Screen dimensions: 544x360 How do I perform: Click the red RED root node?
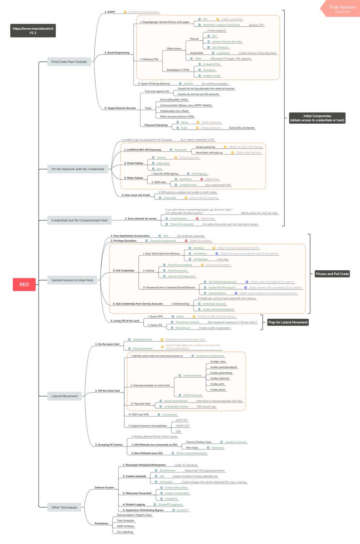tap(24, 285)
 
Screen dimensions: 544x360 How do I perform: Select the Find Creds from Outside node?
tap(69, 62)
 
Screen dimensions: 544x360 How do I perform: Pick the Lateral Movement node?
tap(65, 396)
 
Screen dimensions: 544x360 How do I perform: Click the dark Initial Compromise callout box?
tap(317, 118)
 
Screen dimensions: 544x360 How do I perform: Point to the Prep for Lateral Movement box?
tap(287, 322)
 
